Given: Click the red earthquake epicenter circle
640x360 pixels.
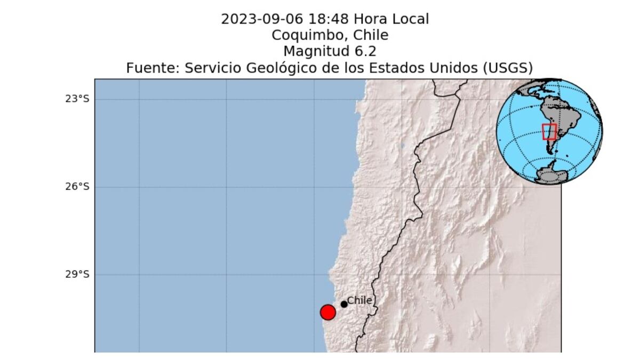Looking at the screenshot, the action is tap(327, 313).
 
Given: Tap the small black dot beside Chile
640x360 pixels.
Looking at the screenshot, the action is tap(344, 304).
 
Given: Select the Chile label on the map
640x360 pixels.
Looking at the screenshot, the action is tap(359, 300).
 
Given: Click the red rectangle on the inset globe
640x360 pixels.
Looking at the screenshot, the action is tap(549, 132).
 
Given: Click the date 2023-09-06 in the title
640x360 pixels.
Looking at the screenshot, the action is tap(261, 20).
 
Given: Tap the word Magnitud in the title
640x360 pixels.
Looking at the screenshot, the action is tap(315, 52).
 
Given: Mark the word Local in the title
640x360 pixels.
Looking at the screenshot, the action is tap(407, 20).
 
